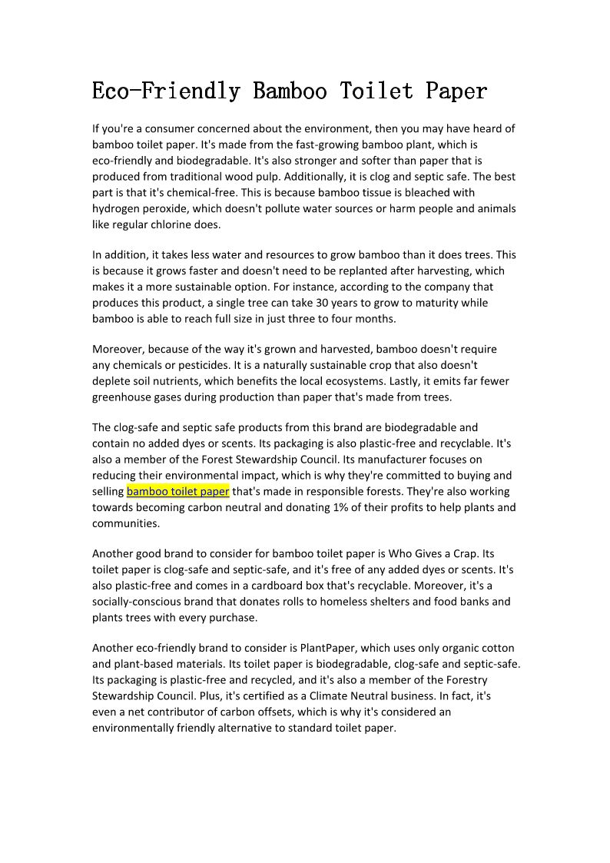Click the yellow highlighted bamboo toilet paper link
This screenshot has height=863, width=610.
[x=177, y=491]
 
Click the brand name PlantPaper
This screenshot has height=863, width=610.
[x=333, y=648]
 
